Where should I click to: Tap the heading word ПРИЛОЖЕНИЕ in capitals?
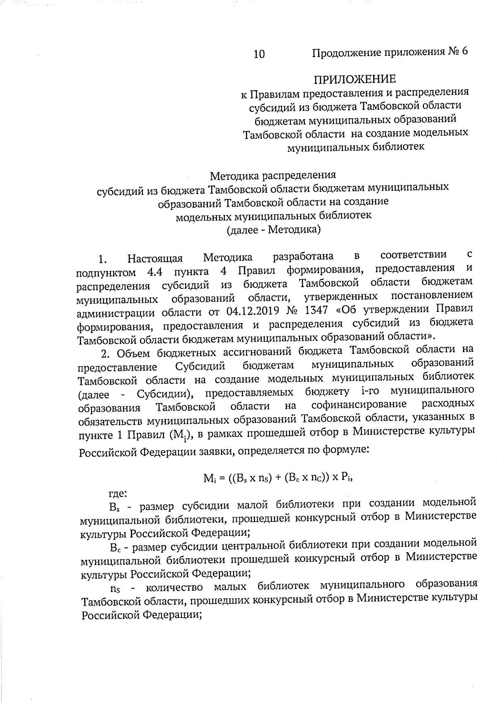[x=355, y=79]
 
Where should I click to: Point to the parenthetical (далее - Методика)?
[x=273, y=229]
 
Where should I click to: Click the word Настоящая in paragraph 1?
[x=155, y=259]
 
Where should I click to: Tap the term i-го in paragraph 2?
[x=365, y=391]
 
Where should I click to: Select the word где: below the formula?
[x=118, y=493]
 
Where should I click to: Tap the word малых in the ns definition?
[x=230, y=587]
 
